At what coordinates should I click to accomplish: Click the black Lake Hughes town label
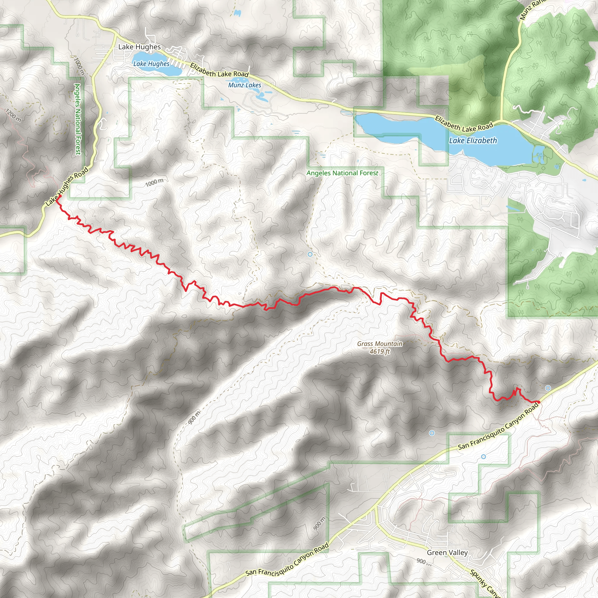140,47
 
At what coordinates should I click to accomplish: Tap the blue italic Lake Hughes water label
151,64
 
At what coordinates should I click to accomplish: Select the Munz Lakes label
244,85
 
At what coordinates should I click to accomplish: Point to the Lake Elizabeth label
473,141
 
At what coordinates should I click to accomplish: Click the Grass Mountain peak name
380,344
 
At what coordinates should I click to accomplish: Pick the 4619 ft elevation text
380,351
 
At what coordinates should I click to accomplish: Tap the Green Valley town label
447,552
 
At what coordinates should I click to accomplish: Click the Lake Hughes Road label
67,187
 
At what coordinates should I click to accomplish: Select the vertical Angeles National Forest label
78,119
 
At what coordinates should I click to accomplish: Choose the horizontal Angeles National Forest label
342,173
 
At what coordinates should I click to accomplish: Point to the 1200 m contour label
13,115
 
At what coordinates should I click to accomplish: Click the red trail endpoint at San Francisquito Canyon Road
538,402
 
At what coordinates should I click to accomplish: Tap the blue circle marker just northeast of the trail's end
548,388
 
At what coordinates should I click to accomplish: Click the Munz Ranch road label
530,9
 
